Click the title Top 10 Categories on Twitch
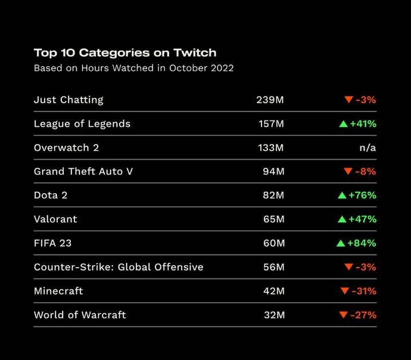pos(125,52)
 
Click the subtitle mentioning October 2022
pos(133,68)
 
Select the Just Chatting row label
pos(68,100)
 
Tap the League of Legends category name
pos(82,123)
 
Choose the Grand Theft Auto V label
pos(83,171)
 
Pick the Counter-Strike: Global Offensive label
pos(119,267)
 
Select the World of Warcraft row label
pos(80,315)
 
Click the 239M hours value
pos(270,100)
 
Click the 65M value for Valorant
pos(273,219)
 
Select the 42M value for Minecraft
pos(273,291)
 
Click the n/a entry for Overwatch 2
pos(368,147)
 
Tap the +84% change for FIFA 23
pos(362,243)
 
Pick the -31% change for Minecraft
pos(364,291)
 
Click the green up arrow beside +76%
pos(342,195)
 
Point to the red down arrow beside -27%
pos(342,315)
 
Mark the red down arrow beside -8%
pos(348,172)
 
